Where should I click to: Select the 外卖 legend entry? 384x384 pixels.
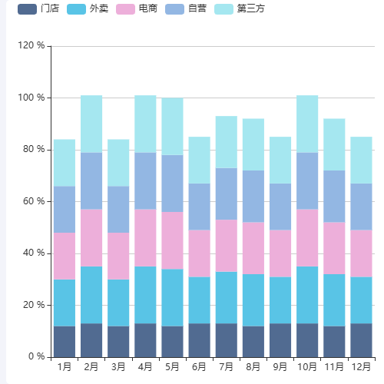(88, 9)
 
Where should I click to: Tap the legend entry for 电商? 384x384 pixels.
(137, 9)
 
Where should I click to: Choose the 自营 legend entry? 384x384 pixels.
(186, 9)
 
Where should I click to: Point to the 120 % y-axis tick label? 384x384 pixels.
(31, 46)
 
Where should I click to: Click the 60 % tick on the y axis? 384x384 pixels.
(34, 201)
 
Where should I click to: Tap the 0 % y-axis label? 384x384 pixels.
(36, 356)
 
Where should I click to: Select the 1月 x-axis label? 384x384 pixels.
(65, 367)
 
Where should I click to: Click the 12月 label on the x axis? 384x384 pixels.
(361, 367)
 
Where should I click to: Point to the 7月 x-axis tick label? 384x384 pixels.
(226, 367)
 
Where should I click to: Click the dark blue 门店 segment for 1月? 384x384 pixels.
(65, 341)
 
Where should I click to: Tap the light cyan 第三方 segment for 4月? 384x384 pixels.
(145, 124)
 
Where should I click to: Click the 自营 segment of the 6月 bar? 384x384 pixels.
(199, 207)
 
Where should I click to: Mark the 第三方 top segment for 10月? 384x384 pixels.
(307, 124)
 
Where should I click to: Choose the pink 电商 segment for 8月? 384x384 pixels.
(253, 248)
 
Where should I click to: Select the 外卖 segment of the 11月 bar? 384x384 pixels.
(334, 300)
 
